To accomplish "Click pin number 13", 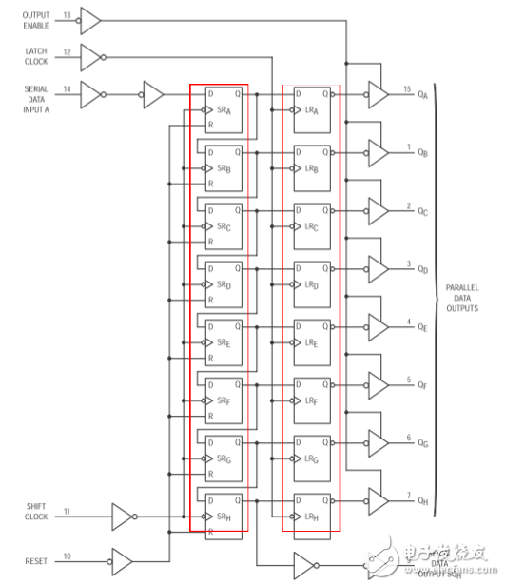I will [x=67, y=14].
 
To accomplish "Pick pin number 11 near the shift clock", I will [x=67, y=511].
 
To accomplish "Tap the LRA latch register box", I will [x=312, y=107].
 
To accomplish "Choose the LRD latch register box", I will [x=312, y=281].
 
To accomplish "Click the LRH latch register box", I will [x=312, y=511].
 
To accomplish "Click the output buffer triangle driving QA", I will [x=378, y=94].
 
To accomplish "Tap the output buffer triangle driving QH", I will [x=378, y=500].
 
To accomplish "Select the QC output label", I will [x=422, y=211].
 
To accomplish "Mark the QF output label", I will [x=422, y=385].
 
